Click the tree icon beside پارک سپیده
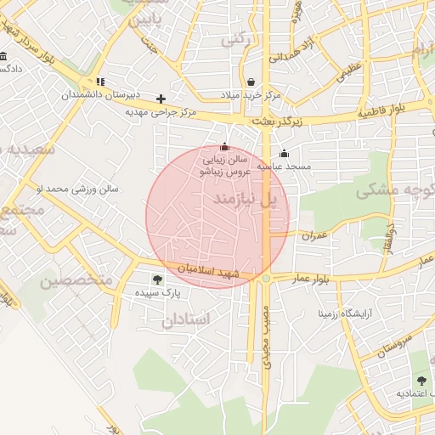(156, 279)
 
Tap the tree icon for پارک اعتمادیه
(421, 381)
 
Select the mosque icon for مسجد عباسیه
(284, 154)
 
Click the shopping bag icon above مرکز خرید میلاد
(251, 82)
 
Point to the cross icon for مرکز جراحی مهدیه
(161, 99)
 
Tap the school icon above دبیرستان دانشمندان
(101, 82)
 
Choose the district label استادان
(184, 320)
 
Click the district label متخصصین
(76, 280)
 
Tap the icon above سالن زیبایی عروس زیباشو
(224, 146)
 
